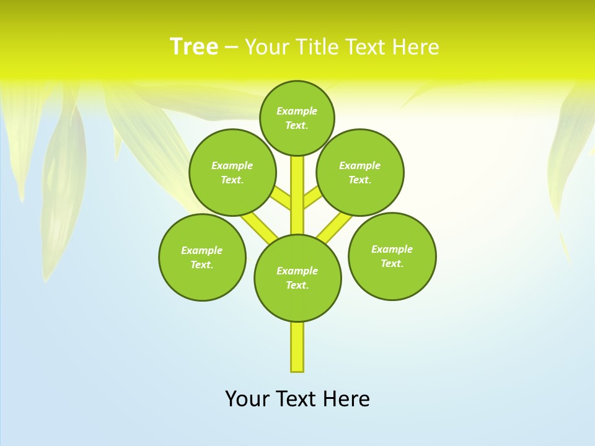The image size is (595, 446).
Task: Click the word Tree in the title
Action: coord(194,47)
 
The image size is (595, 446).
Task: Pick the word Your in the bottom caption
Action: coord(247,399)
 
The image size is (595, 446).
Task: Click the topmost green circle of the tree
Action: coord(297,118)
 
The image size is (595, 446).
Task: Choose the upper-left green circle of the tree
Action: coord(232,172)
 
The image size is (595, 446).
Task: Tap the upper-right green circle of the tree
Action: coord(359,172)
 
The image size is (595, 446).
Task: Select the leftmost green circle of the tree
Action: coord(202,257)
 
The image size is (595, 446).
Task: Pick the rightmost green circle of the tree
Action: coord(392,256)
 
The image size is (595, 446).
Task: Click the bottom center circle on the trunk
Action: coord(297,278)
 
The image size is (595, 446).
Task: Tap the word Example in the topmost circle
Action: coord(297,111)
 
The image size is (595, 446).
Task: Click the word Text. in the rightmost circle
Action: coord(392,263)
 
